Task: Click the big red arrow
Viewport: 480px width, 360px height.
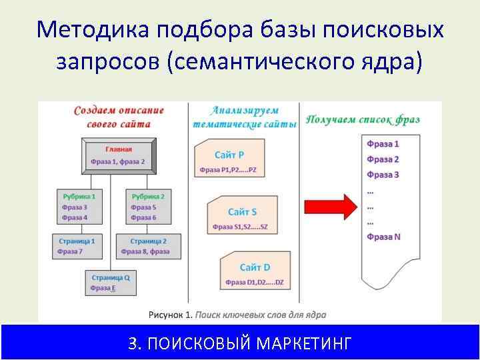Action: [x=329, y=207]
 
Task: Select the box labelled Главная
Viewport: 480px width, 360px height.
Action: [x=119, y=155]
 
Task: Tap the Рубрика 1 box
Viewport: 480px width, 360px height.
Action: [x=79, y=207]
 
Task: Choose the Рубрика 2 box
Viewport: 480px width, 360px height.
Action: [x=148, y=207]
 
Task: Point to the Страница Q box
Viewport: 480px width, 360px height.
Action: [x=111, y=282]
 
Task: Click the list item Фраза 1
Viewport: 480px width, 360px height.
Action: [x=383, y=144]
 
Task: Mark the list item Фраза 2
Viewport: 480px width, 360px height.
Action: [x=383, y=159]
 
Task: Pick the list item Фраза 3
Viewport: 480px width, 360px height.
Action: [x=383, y=175]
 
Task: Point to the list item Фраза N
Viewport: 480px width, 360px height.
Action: [x=384, y=237]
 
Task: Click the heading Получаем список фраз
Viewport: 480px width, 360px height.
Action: [x=363, y=119]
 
